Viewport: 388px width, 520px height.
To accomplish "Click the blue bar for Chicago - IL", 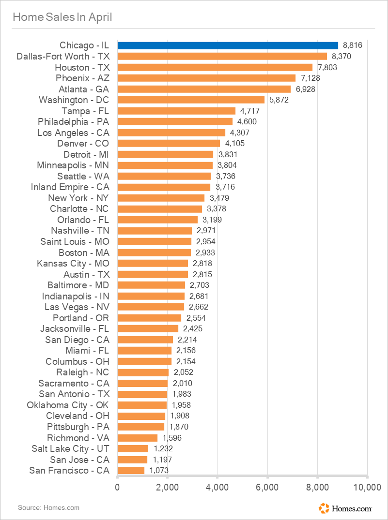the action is point(228,45).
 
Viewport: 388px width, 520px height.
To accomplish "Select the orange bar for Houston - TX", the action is point(215,67).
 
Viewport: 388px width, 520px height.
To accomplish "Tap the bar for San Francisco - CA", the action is point(131,470).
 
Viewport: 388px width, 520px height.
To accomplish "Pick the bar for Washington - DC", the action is point(191,100).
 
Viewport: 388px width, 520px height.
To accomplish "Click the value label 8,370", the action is point(341,57).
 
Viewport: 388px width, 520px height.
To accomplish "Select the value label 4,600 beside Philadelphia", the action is point(247,122).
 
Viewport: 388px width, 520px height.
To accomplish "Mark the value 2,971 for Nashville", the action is point(206,230).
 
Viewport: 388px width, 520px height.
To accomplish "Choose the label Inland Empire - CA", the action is point(70,187).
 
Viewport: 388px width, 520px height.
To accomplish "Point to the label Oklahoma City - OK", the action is point(68,405).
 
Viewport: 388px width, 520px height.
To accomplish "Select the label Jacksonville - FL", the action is point(75,328).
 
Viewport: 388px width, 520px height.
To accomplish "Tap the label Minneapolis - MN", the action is point(73,165).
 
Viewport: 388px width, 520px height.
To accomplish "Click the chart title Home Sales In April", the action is point(62,17).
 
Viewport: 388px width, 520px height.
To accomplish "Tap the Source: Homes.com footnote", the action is point(48,507).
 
